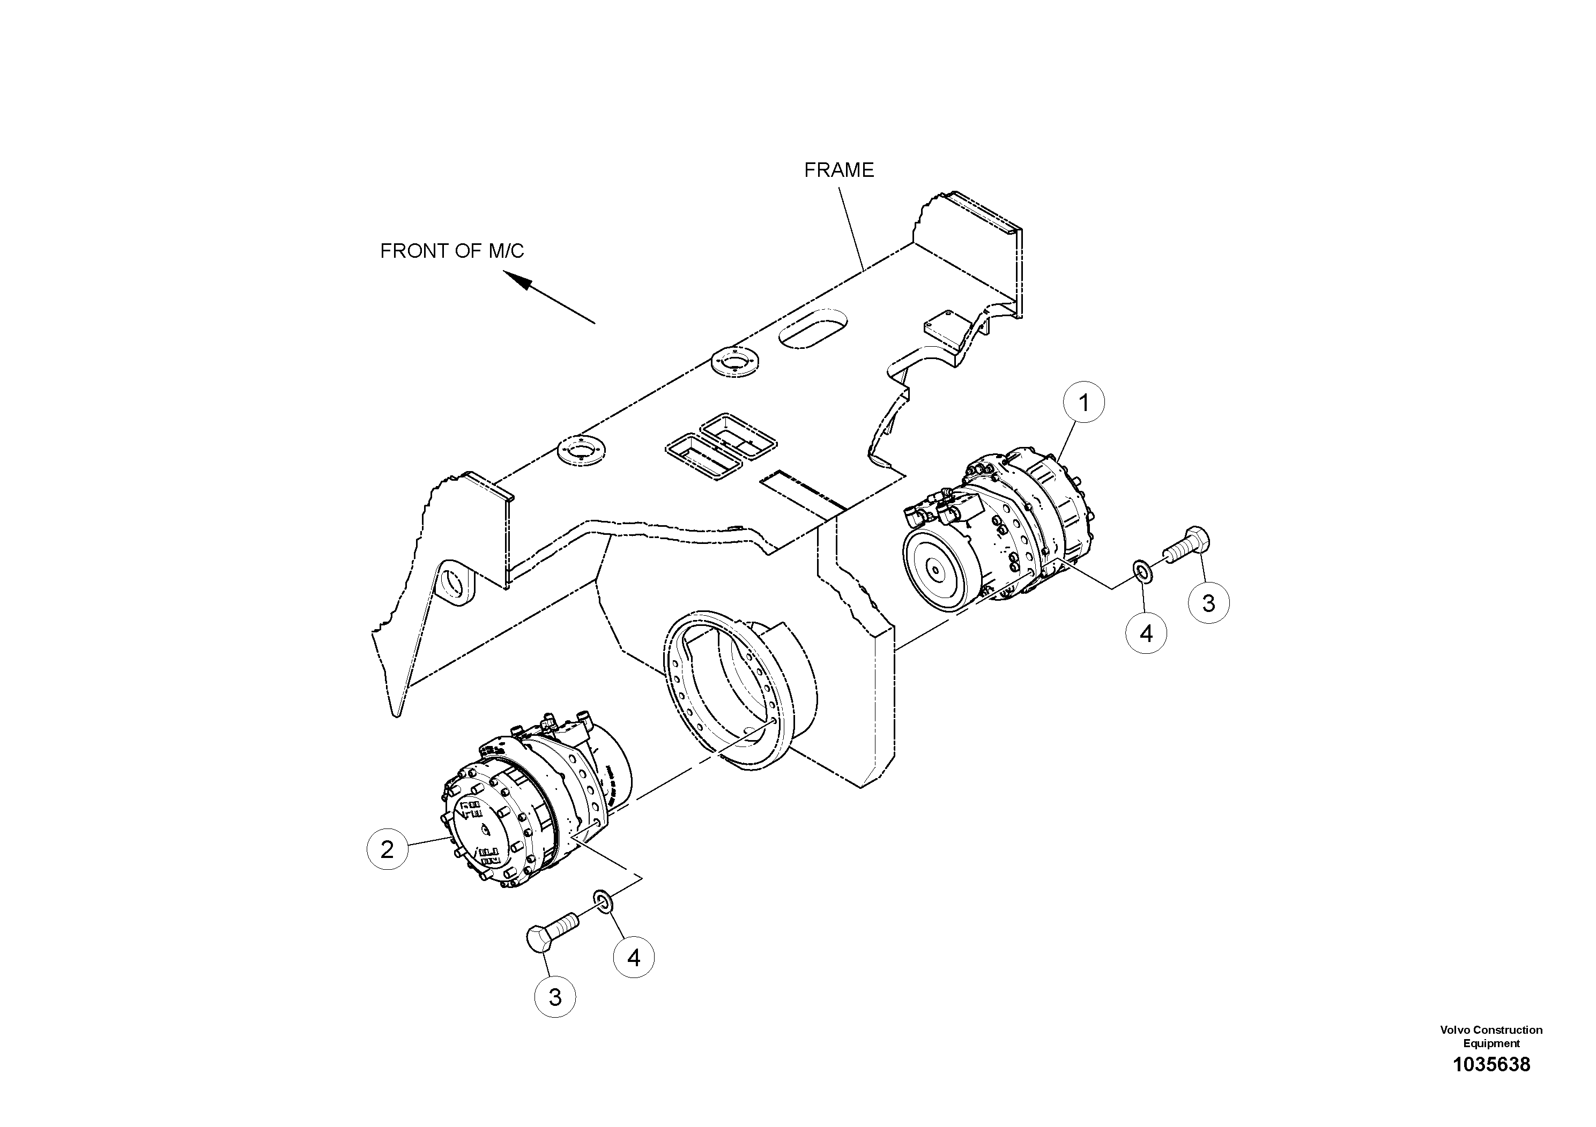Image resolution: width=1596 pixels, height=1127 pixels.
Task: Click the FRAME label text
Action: (838, 170)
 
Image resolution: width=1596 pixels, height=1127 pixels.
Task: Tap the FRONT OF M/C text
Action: (452, 251)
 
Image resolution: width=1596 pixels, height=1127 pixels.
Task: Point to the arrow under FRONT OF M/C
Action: (549, 297)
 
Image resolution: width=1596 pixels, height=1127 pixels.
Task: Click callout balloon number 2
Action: (387, 848)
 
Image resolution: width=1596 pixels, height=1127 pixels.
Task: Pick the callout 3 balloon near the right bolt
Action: (1208, 603)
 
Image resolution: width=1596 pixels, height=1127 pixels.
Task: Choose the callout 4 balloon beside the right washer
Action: (1146, 633)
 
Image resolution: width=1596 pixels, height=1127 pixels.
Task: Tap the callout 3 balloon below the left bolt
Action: (555, 997)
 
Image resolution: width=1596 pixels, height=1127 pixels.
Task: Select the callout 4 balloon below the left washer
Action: (633, 958)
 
